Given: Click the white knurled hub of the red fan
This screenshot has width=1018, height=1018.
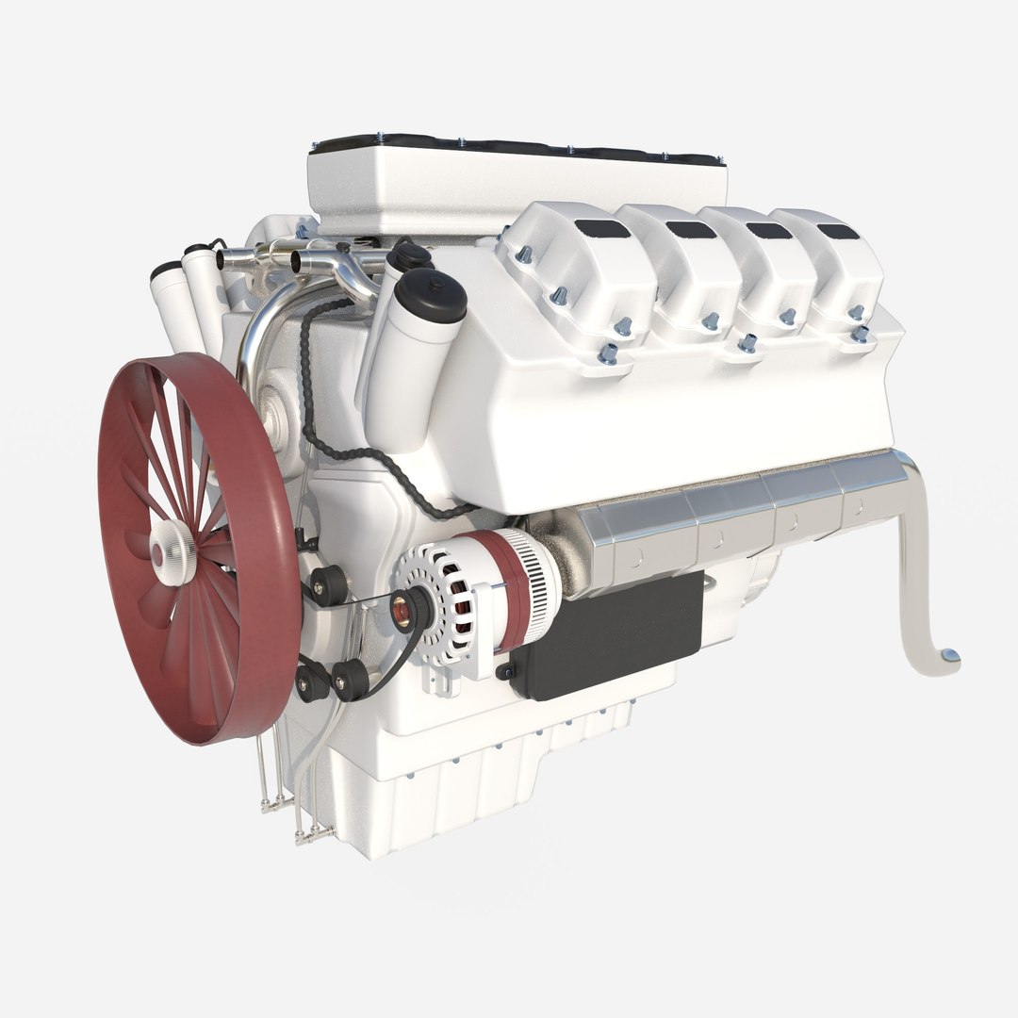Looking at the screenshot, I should pyautogui.click(x=173, y=550).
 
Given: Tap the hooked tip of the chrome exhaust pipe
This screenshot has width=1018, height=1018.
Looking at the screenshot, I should pyautogui.click(x=947, y=657).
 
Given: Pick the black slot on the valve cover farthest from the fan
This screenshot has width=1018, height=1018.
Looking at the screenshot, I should pyautogui.click(x=838, y=231).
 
